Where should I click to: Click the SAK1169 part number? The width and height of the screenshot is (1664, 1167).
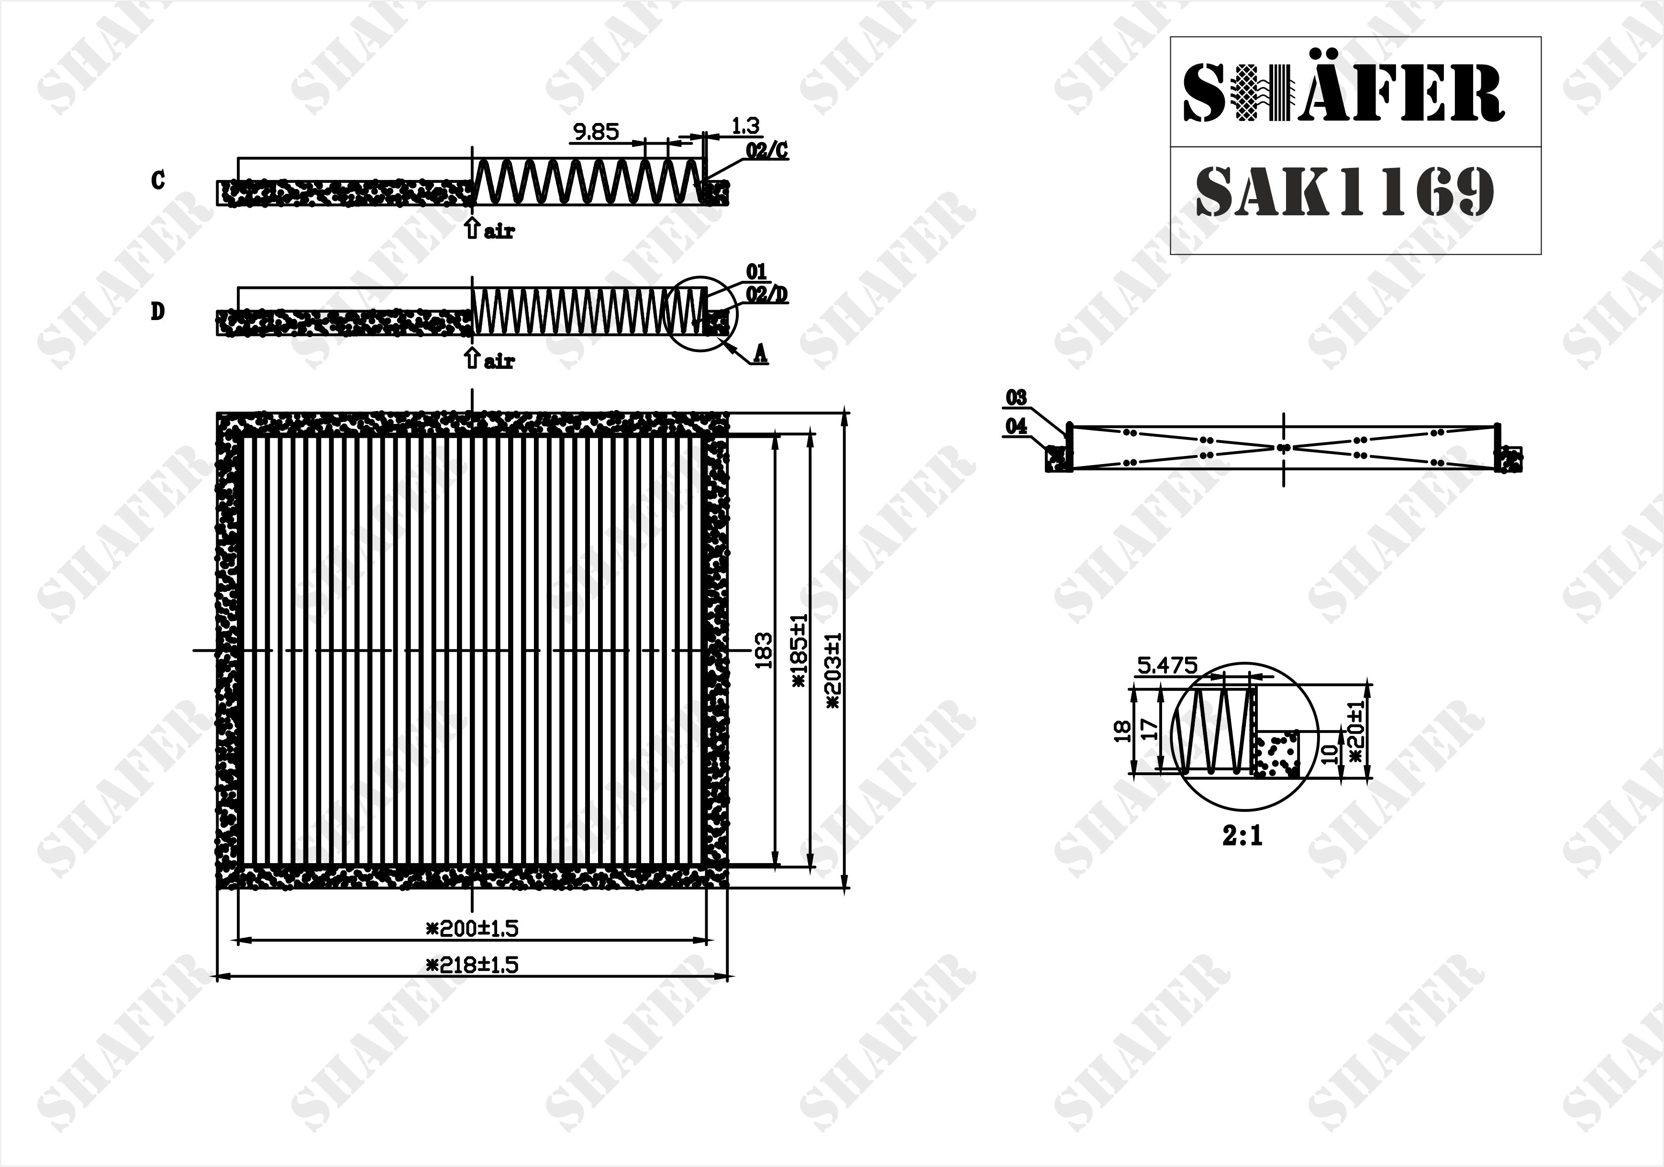1344,191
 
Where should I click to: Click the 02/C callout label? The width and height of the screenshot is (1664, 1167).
767,151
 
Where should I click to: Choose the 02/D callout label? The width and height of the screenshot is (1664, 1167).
767,294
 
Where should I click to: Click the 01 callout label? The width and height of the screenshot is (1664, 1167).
756,271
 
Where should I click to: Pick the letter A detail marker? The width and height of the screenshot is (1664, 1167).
760,353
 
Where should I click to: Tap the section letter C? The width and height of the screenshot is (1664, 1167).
158,180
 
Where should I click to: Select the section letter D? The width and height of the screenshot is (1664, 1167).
157,311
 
